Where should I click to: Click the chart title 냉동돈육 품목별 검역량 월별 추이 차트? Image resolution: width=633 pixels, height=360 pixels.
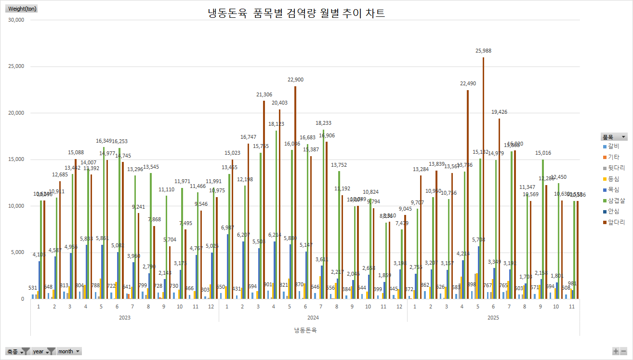tap(296, 13)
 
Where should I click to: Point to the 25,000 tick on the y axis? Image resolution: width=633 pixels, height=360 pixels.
tap(17, 67)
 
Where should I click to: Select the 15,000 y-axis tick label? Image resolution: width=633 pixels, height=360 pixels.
tap(17, 160)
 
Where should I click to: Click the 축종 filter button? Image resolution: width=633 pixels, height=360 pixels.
tap(18, 351)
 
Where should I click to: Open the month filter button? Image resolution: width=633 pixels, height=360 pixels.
tap(69, 351)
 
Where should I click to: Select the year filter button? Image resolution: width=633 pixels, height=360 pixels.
tap(43, 351)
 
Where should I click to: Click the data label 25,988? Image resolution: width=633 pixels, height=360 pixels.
tap(483, 51)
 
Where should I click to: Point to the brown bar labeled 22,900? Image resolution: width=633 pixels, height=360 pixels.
tap(295, 193)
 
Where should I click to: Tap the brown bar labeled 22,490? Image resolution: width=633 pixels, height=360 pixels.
tap(467, 193)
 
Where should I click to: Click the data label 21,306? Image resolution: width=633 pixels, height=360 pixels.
tap(264, 95)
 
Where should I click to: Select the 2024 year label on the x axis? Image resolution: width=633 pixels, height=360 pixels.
tap(313, 318)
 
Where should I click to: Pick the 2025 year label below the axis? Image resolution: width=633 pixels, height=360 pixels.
tap(493, 318)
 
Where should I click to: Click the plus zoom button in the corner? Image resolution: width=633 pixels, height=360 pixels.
tap(616, 351)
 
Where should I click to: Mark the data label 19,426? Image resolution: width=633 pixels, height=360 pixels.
tap(499, 112)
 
